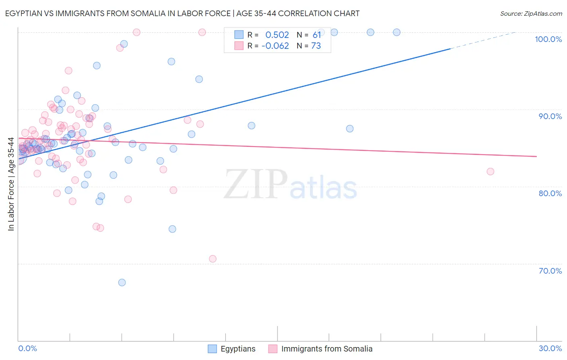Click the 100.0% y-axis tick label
pyautogui.click(x=548, y=39)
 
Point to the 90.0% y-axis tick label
pyautogui.click(x=550, y=116)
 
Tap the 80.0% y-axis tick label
pyautogui.click(x=550, y=193)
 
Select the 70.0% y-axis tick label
pyautogui.click(x=550, y=271)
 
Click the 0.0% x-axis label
pyautogui.click(x=27, y=348)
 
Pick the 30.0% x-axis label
pyautogui.click(x=550, y=348)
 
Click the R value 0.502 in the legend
pyautogui.click(x=277, y=35)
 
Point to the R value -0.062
pyautogui.click(x=275, y=46)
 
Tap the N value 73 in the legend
pyautogui.click(x=316, y=46)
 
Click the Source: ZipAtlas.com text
pyautogui.click(x=531, y=13)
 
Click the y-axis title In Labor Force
pyautogui.click(x=11, y=184)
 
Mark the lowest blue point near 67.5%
pyautogui.click(x=122, y=283)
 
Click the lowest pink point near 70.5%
pyautogui.click(x=213, y=259)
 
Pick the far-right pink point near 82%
pyautogui.click(x=490, y=172)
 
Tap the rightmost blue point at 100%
pyautogui.click(x=397, y=32)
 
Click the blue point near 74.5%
pyautogui.click(x=172, y=229)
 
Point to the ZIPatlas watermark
pyautogui.click(x=290, y=185)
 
